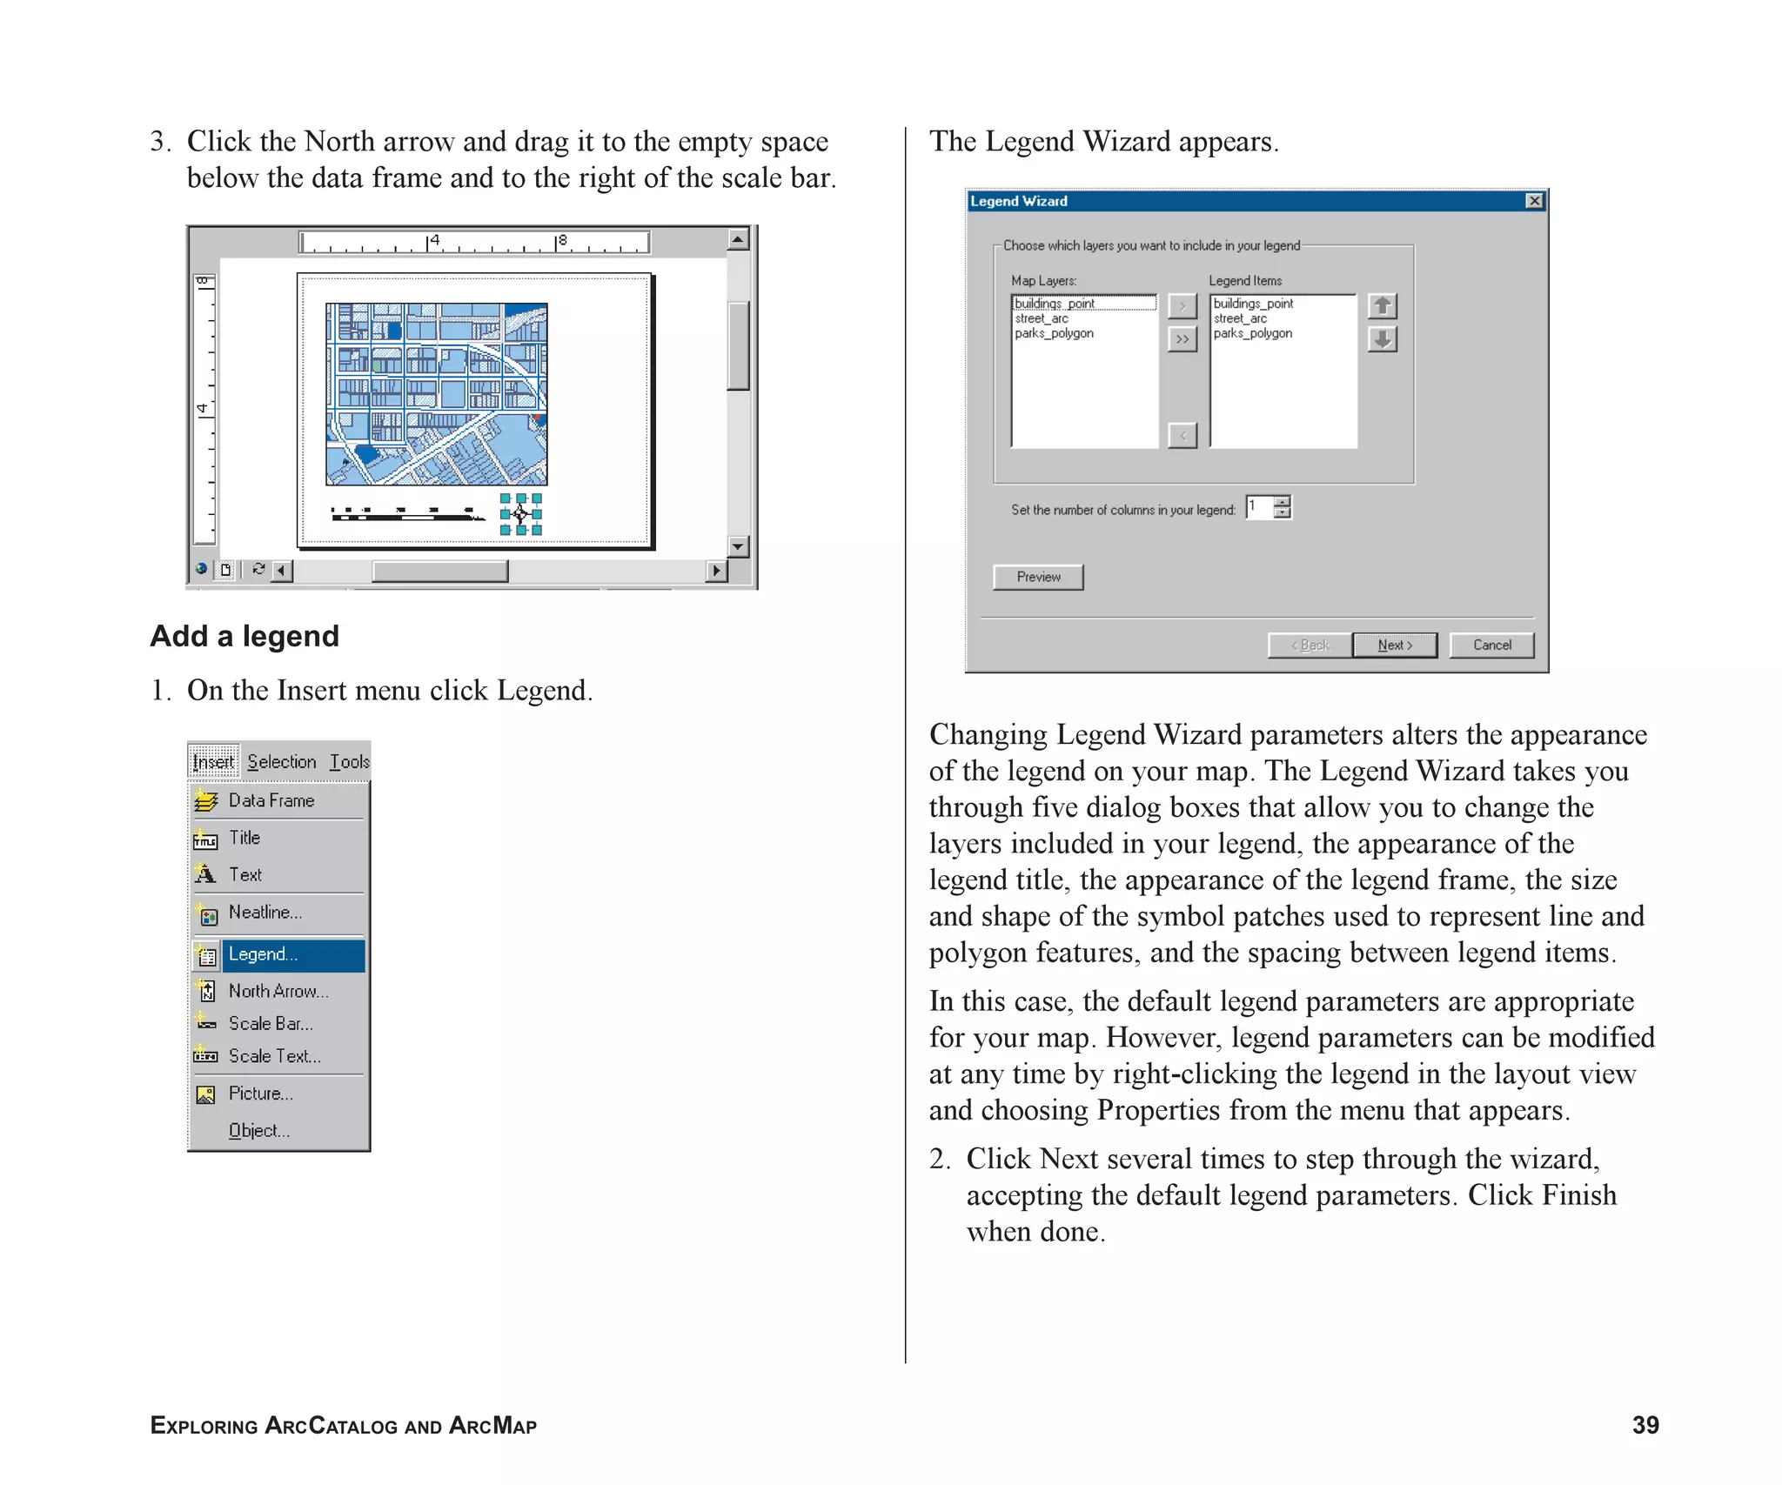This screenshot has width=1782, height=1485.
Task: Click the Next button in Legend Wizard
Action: tap(1394, 645)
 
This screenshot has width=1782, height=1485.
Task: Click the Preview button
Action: tap(1037, 577)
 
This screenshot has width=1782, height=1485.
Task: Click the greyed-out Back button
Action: tap(1310, 645)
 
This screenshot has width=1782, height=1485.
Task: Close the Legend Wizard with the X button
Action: tap(1534, 201)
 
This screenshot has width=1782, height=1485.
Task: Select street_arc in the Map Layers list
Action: tap(1042, 318)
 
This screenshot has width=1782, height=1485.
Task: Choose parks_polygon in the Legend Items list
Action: tap(1252, 333)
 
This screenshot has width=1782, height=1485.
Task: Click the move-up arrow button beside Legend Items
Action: tap(1382, 306)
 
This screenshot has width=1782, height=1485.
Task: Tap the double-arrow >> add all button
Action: tap(1182, 339)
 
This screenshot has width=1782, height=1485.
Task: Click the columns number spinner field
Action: tap(1259, 507)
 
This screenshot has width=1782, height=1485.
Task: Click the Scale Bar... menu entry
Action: tap(271, 1024)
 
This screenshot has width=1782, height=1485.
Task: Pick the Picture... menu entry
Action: tap(261, 1094)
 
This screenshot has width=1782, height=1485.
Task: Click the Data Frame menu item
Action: tap(271, 800)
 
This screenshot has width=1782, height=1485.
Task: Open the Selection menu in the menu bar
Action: tap(281, 762)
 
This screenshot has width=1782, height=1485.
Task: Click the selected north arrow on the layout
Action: tap(520, 514)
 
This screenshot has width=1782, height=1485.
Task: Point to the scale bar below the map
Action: tap(406, 514)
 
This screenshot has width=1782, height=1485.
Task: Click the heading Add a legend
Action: tap(245, 636)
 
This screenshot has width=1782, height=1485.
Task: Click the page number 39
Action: tap(1645, 1425)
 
